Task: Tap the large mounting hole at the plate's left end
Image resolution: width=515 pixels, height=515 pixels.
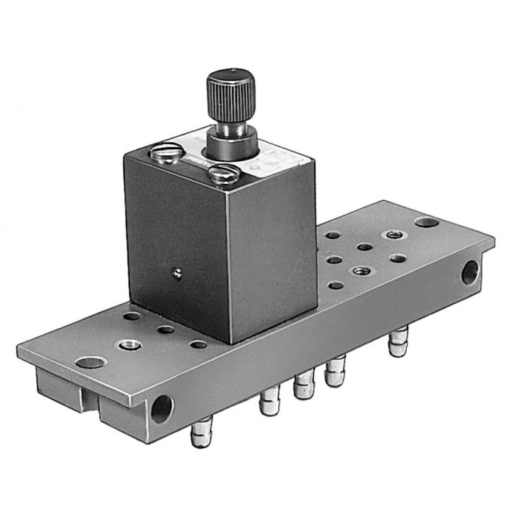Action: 90,362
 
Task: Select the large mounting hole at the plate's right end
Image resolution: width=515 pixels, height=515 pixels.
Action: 426,221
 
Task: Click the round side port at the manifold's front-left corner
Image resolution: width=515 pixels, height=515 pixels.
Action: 161,408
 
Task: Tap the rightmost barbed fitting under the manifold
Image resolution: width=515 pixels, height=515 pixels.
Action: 398,342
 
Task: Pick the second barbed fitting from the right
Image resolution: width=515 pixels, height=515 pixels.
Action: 336,372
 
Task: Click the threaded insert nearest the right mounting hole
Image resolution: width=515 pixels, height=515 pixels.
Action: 391,235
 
